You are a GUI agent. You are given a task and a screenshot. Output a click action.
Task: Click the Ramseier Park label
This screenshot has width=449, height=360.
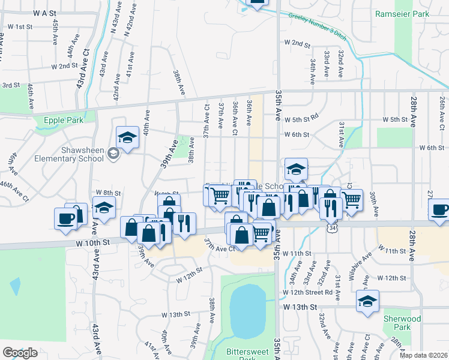point(402,13)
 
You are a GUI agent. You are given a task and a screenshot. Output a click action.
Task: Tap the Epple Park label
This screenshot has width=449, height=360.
point(63,120)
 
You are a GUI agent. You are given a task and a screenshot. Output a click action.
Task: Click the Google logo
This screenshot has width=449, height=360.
point(20,352)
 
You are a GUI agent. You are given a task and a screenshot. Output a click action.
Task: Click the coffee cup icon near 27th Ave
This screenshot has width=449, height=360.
point(441,210)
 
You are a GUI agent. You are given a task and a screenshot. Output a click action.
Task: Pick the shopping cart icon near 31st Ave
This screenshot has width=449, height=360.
point(352,200)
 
